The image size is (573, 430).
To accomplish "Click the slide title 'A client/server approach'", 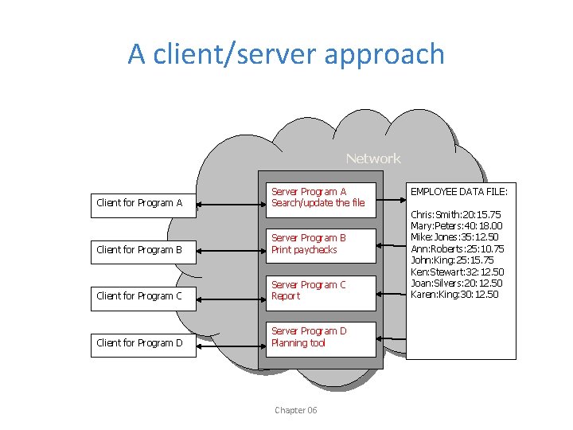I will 286,54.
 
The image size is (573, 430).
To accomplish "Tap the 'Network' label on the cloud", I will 373,158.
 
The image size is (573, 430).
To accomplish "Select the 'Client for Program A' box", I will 142,203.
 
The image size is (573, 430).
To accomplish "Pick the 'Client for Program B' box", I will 142,250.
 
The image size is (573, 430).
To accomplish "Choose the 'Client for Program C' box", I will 142,296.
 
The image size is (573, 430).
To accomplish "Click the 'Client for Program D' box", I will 142,343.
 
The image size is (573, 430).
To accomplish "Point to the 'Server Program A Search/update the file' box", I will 320,197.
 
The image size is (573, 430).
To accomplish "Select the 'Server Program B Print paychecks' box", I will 320,244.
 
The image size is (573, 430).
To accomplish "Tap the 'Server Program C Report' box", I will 320,291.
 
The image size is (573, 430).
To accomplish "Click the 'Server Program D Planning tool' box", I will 320,337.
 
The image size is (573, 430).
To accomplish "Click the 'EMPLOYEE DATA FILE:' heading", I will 458,191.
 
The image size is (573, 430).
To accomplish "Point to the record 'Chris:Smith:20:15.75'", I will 455,214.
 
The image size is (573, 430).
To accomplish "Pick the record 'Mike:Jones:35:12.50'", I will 455,237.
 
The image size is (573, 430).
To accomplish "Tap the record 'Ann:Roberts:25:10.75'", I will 457,249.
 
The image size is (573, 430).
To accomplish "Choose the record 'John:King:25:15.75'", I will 452,260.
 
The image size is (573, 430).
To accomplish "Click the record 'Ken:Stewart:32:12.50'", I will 457,272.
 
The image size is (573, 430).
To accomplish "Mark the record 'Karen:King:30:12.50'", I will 454,295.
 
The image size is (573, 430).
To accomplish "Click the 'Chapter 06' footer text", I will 295,410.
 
